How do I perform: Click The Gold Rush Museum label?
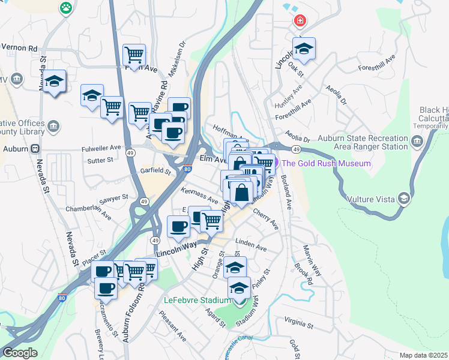pos(326,163)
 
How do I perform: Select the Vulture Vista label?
pos(371,198)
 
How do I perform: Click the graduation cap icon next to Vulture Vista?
pos(405,197)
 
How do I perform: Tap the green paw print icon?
pos(65,8)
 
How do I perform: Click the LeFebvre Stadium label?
pos(197,300)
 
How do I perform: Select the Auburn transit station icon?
pos(35,148)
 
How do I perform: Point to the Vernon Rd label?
pos(19,48)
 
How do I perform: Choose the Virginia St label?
pos(299,323)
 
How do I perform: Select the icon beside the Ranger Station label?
pos(417,141)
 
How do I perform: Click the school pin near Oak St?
pos(305,50)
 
